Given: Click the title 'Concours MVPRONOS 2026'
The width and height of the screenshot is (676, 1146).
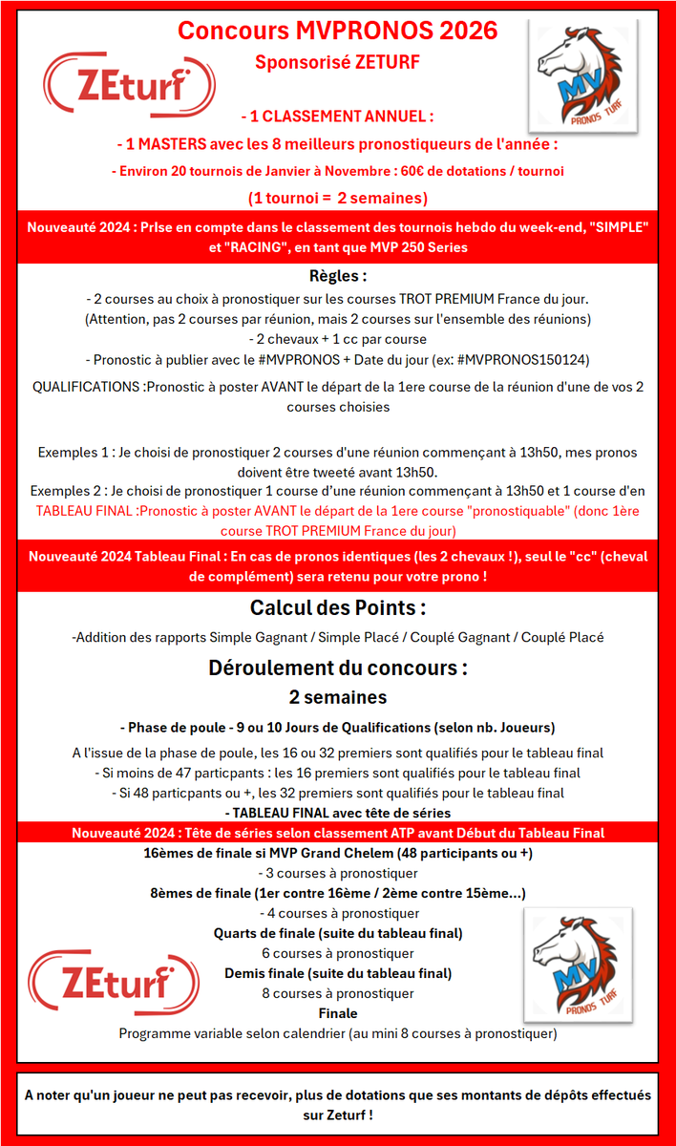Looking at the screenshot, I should click(x=338, y=31).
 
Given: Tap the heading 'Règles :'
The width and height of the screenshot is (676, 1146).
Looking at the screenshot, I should click(x=337, y=276).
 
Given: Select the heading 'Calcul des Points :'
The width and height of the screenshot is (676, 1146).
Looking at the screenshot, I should click(x=337, y=607).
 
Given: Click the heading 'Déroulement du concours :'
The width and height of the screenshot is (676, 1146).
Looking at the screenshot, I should click(x=337, y=668).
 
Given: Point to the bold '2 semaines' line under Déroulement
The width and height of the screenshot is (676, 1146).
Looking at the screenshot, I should click(x=337, y=697).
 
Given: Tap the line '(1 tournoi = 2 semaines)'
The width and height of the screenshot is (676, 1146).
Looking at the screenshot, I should click(x=337, y=198).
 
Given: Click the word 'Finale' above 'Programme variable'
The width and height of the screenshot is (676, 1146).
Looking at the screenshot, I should click(x=337, y=1013).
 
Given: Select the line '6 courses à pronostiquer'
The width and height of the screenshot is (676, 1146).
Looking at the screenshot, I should click(x=337, y=953).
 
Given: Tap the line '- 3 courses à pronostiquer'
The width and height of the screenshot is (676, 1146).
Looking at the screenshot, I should click(x=337, y=873).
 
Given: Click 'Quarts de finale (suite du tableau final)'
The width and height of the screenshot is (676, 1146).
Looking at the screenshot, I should click(x=337, y=933).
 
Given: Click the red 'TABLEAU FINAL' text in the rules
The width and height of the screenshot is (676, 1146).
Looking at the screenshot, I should click(x=87, y=511).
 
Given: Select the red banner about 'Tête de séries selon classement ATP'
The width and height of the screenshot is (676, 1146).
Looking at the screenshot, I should click(x=337, y=833).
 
